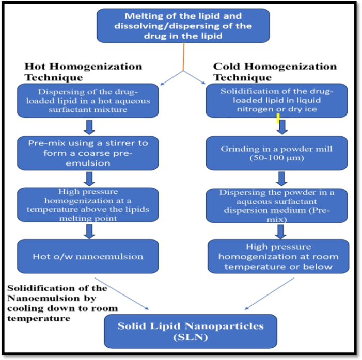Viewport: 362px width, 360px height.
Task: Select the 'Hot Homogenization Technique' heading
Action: (83, 72)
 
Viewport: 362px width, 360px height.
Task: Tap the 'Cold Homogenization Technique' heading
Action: (275, 72)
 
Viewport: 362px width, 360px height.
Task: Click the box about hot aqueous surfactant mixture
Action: (87, 101)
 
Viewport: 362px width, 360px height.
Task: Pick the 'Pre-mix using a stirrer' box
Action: (87, 152)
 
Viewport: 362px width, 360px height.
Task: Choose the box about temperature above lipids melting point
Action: (87, 205)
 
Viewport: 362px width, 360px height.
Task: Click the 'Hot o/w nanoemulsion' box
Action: (87, 256)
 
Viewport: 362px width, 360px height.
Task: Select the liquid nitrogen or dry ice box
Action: (277, 101)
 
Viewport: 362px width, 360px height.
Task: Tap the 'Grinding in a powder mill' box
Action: (277, 153)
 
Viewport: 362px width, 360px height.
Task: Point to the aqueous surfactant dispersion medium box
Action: (277, 205)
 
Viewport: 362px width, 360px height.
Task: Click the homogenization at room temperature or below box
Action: (278, 256)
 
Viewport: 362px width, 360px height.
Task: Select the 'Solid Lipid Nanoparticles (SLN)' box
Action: (190, 331)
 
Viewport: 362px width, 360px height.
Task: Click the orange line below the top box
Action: (184, 57)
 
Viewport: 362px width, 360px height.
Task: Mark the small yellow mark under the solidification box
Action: (278, 119)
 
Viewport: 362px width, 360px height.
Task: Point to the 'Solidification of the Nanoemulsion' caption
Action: (57, 303)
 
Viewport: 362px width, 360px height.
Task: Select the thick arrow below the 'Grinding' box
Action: (281, 178)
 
